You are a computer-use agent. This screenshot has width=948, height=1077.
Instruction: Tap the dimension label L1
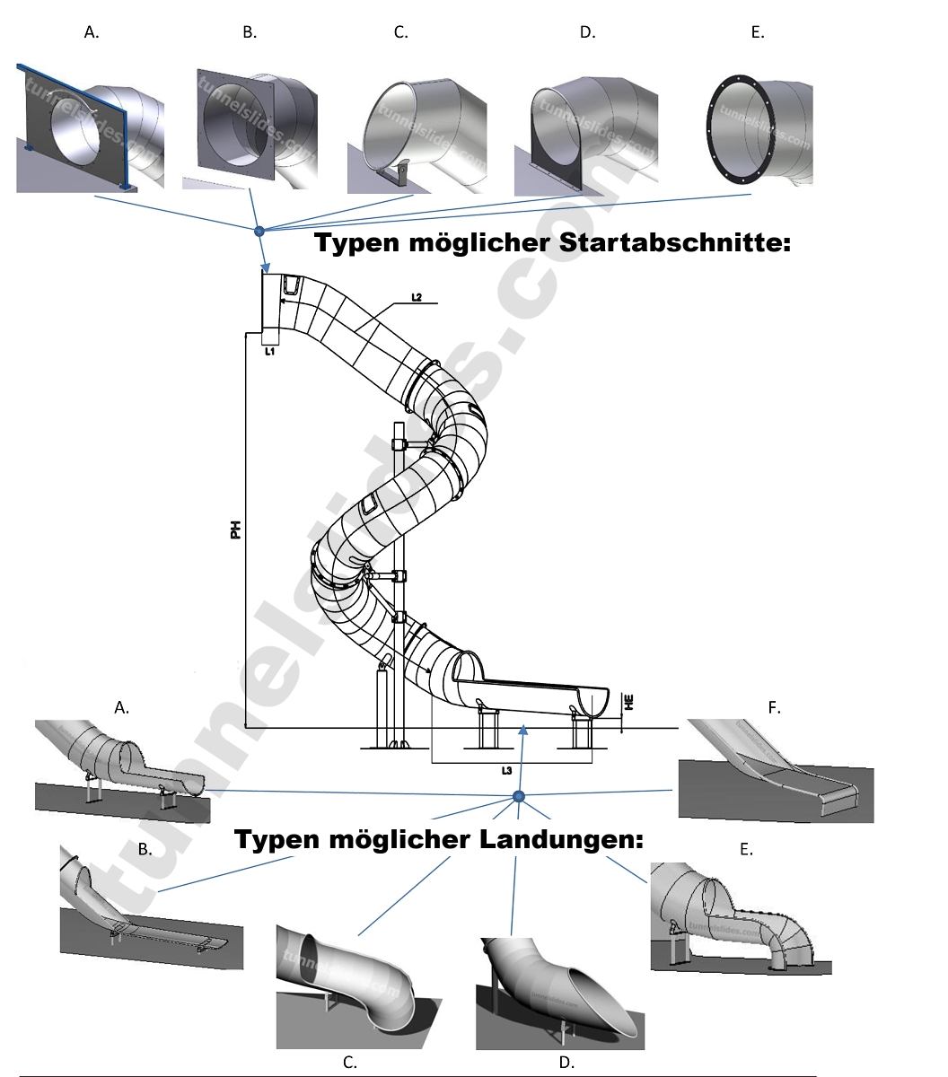[x=268, y=353]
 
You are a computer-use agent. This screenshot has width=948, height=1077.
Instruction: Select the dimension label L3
[x=507, y=771]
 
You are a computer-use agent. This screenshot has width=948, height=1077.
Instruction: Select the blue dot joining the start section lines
[x=259, y=232]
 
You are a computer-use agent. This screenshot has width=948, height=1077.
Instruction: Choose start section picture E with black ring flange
[x=759, y=131]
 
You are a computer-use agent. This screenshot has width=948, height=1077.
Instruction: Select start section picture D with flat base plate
[x=584, y=136]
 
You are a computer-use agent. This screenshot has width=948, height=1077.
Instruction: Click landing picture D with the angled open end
[x=560, y=994]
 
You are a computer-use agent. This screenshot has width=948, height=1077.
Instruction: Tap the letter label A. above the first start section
[x=92, y=32]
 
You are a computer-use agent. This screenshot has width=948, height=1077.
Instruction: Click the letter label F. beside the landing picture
[x=774, y=707]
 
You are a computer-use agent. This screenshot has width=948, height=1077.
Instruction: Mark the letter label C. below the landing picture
[x=350, y=1063]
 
